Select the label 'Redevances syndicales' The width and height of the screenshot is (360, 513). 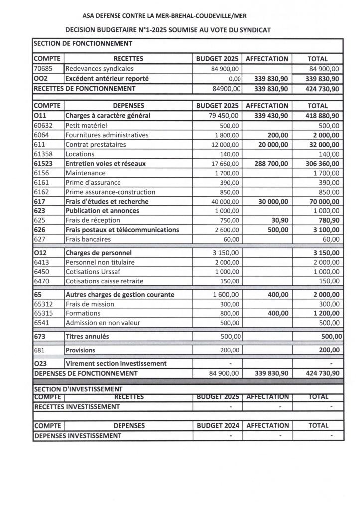pyautogui.click(x=100, y=69)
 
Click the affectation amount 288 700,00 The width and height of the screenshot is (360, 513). pyautogui.click(x=269, y=163)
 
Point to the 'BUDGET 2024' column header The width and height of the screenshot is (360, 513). pyautogui.click(x=218, y=426)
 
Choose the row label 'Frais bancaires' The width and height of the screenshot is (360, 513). pyautogui.click(x=88, y=239)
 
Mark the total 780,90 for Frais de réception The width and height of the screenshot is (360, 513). pyautogui.click(x=327, y=220)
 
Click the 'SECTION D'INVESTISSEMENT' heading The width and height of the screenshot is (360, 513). pyautogui.click(x=78, y=389)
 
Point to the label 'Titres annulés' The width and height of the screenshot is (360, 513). pyautogui.click(x=87, y=337)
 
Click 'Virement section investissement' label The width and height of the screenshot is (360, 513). pyautogui.click(x=116, y=364)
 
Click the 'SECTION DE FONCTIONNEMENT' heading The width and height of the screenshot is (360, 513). pyautogui.click(x=83, y=44)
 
